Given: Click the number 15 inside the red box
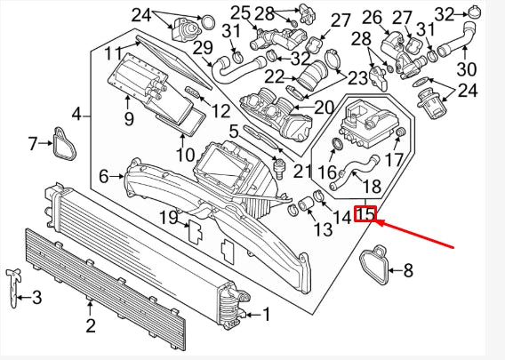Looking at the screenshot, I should [366, 214].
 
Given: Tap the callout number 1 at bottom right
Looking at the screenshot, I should [267, 314].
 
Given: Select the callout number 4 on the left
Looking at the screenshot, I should [77, 113].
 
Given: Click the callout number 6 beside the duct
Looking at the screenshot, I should [104, 177].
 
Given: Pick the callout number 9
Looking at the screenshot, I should [128, 117].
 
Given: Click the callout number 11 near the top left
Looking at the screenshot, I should [113, 52].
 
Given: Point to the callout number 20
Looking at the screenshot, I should [323, 108].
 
